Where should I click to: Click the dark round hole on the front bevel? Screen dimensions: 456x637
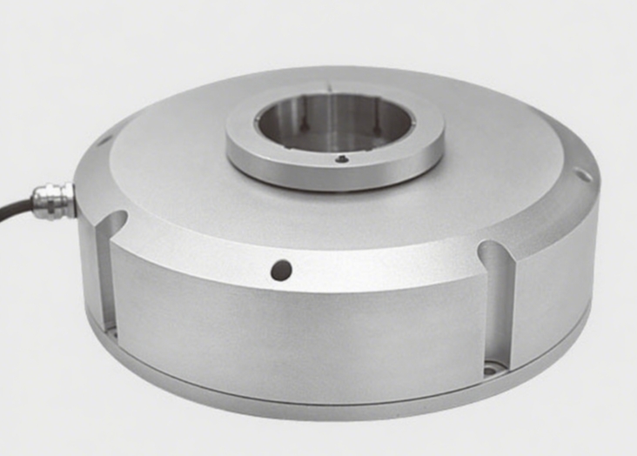(x=280, y=270)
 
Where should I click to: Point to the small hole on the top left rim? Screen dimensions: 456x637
(x=104, y=138)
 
